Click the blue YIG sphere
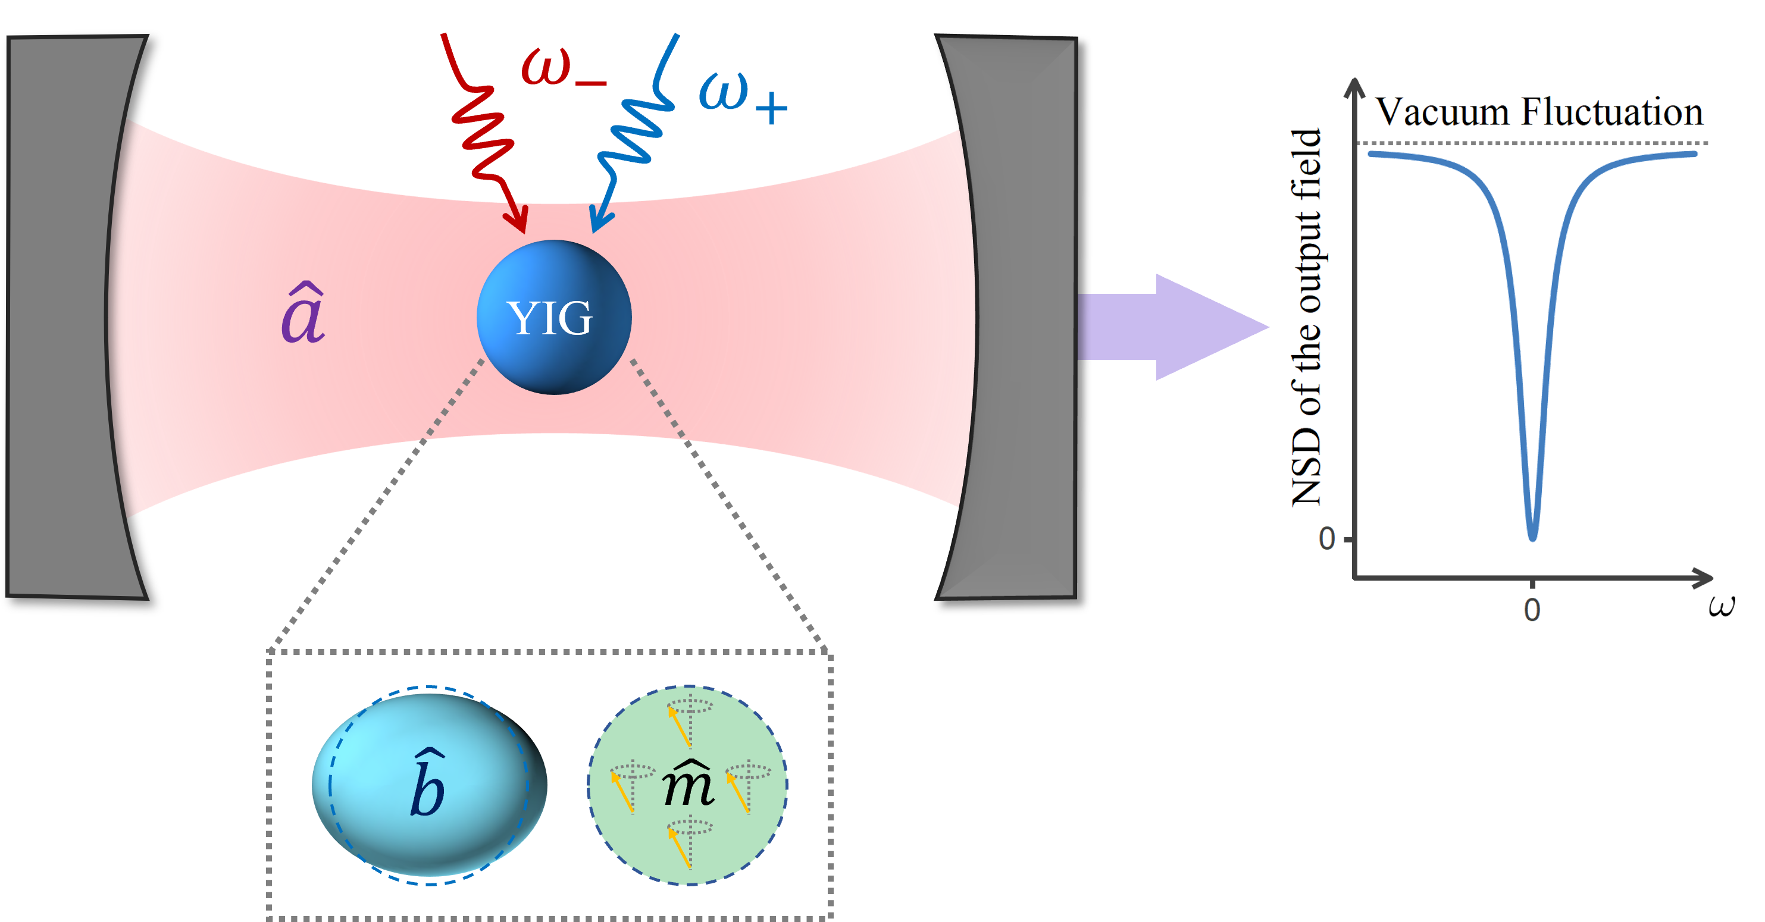point(553,317)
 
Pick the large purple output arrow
point(1172,327)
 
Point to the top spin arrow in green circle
point(679,726)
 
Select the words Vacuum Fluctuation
point(1540,112)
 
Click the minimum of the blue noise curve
point(1533,537)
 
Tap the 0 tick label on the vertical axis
point(1326,539)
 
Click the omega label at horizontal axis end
point(1721,606)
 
